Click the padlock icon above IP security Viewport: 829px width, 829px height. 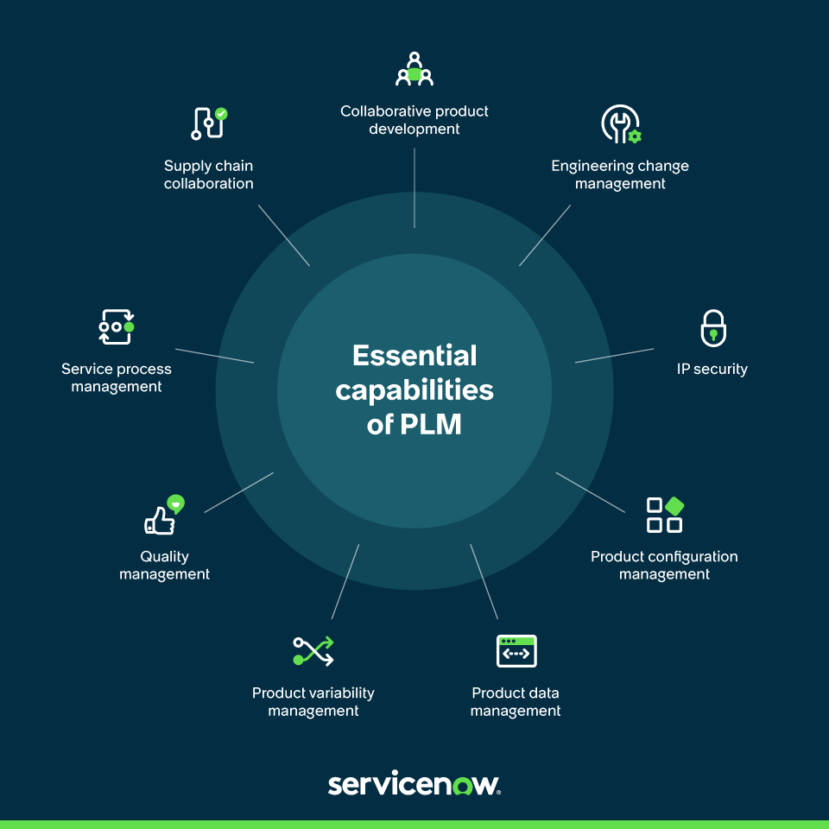(x=713, y=328)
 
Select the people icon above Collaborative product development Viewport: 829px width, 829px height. (x=414, y=70)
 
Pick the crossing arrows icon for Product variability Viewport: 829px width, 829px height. (x=313, y=650)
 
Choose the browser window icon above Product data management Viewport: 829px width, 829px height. (x=516, y=651)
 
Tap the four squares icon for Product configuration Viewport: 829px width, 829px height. (x=665, y=515)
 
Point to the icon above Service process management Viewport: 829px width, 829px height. (x=117, y=327)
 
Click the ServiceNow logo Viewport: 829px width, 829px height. (x=414, y=784)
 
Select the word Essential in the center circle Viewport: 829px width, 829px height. (x=414, y=356)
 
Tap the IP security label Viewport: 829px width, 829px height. (x=712, y=369)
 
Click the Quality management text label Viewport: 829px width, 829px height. (x=164, y=566)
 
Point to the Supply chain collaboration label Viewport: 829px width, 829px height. (x=209, y=174)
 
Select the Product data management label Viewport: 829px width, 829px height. (x=516, y=702)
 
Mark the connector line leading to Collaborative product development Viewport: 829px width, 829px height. (x=414, y=187)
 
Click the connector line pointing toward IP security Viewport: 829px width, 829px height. (x=614, y=356)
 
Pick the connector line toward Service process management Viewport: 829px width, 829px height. (x=214, y=356)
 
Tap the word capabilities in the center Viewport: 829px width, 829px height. (x=414, y=390)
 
